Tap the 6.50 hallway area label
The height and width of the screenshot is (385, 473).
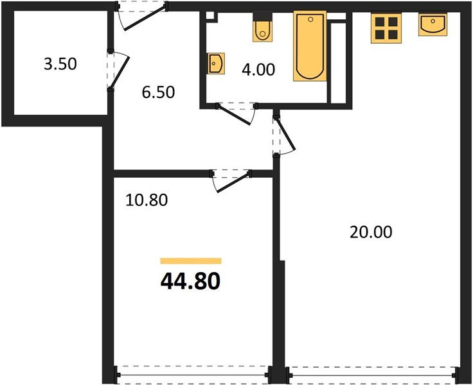158,91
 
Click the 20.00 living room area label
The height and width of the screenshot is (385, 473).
370,232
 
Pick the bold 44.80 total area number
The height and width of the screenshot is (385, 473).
190,280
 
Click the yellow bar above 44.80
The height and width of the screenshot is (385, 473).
190,261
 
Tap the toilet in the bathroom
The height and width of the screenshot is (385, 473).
262,29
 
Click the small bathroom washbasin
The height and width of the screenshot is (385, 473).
215,64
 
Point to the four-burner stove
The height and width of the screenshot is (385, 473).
386,28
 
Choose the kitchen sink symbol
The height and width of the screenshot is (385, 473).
433,26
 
